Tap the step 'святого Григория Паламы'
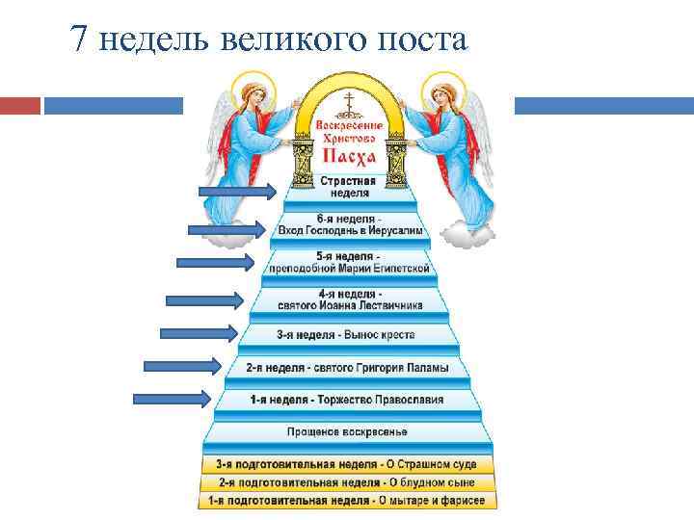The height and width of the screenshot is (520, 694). click(x=346, y=369)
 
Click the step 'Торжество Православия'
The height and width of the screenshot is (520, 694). click(x=346, y=399)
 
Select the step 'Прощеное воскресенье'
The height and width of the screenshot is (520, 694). click(x=347, y=431)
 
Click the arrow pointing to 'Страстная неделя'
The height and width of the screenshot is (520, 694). click(x=237, y=191)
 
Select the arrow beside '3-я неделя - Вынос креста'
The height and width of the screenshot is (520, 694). click(x=199, y=333)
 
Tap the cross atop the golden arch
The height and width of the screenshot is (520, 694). click(x=344, y=100)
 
